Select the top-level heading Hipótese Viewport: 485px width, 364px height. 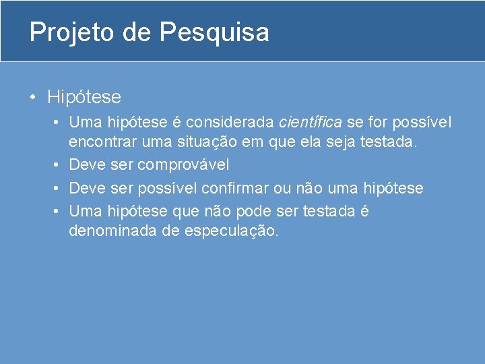(84, 97)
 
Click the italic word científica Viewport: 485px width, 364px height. (310, 123)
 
